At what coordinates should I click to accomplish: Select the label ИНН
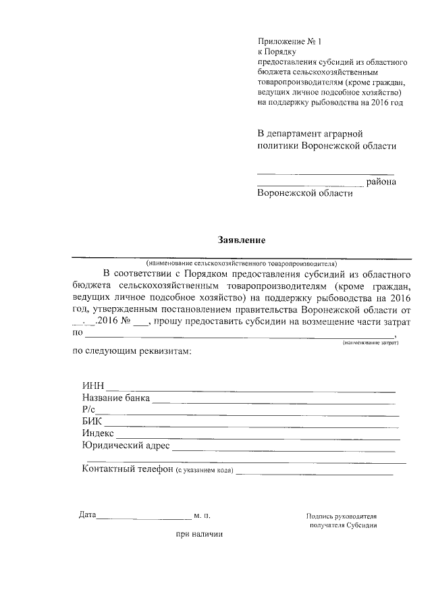[93, 386]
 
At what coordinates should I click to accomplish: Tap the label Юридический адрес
[126, 446]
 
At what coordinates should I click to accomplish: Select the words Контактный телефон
[128, 471]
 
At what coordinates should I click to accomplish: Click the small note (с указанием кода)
[205, 471]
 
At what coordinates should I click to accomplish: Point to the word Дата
[87, 515]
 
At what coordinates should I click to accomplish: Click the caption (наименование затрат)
[371, 343]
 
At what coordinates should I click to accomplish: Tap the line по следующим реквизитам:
[132, 352]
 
